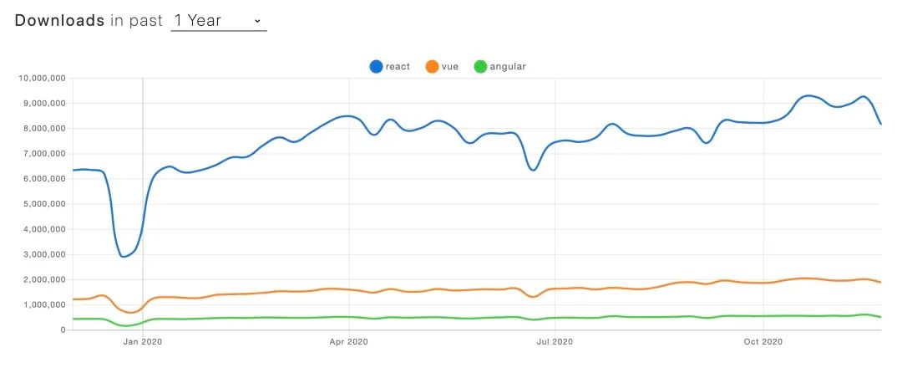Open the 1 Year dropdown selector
pyautogui.click(x=218, y=20)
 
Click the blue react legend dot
pyautogui.click(x=376, y=66)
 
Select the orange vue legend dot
pyautogui.click(x=432, y=66)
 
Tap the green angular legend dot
pyautogui.click(x=479, y=66)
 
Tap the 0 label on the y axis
pyautogui.click(x=63, y=330)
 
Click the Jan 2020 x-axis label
pyautogui.click(x=143, y=341)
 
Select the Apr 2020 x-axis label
pyautogui.click(x=348, y=341)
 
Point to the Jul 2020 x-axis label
pyautogui.click(x=555, y=341)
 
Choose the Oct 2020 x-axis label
pyautogui.click(x=762, y=341)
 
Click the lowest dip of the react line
pyautogui.click(x=124, y=256)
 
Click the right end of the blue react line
pyautogui.click(x=881, y=124)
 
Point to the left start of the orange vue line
pyautogui.click(x=73, y=299)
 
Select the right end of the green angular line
pyautogui.click(x=881, y=317)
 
